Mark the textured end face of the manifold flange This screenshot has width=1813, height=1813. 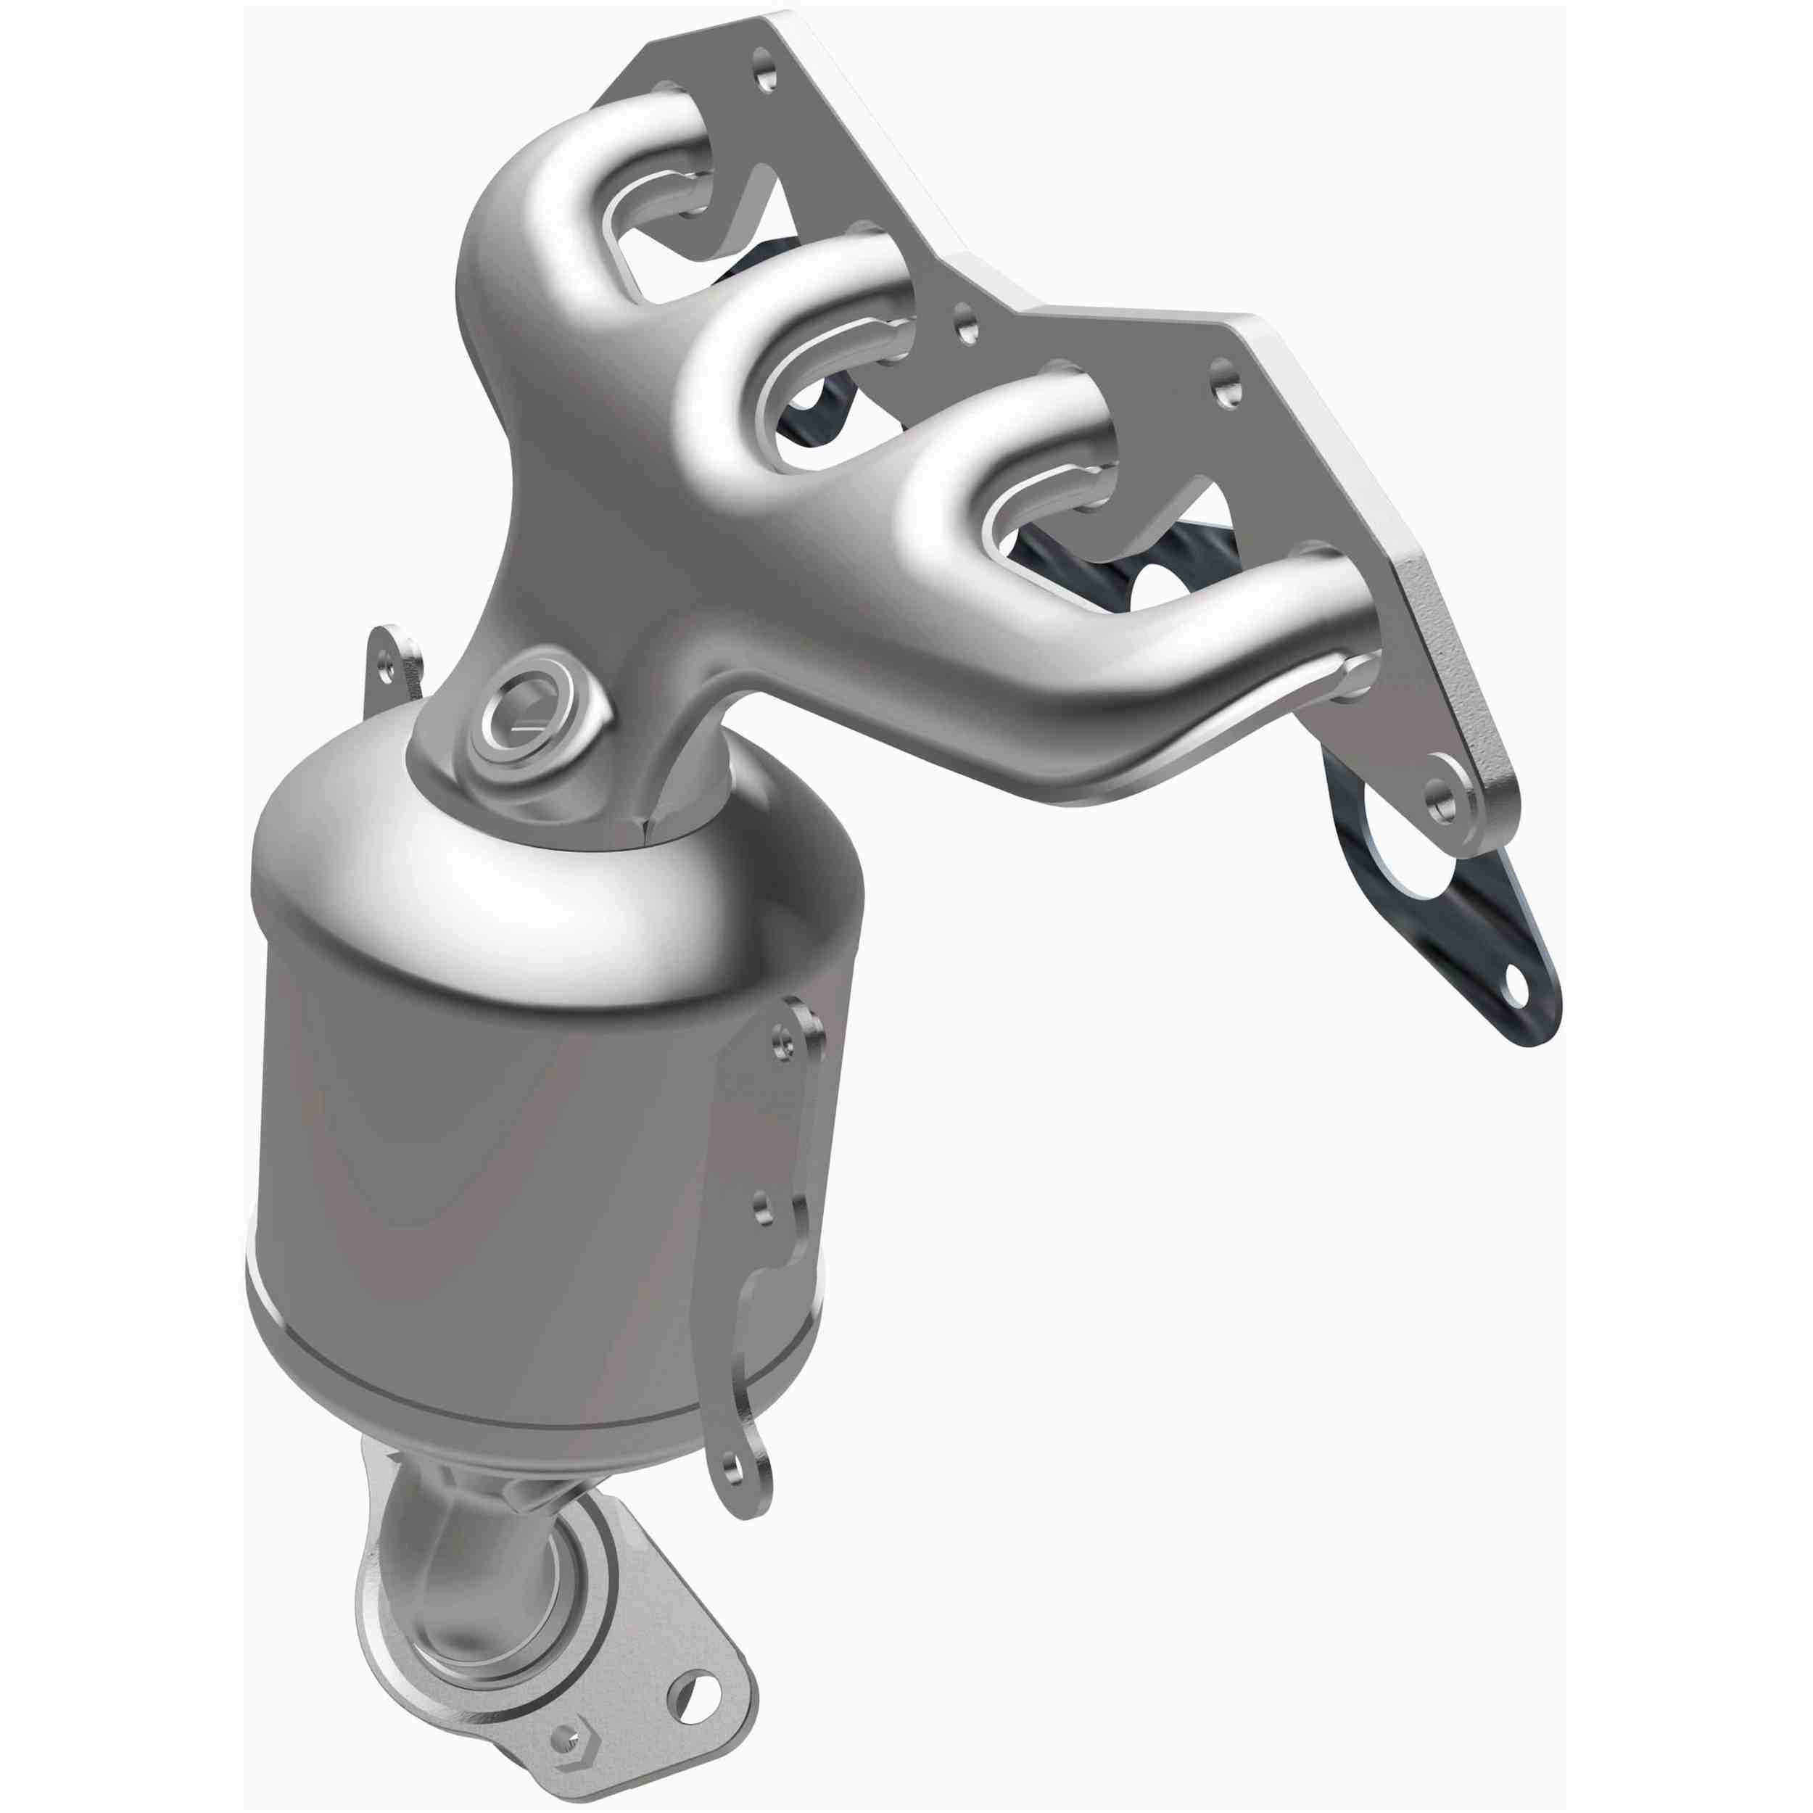(x=1459, y=657)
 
